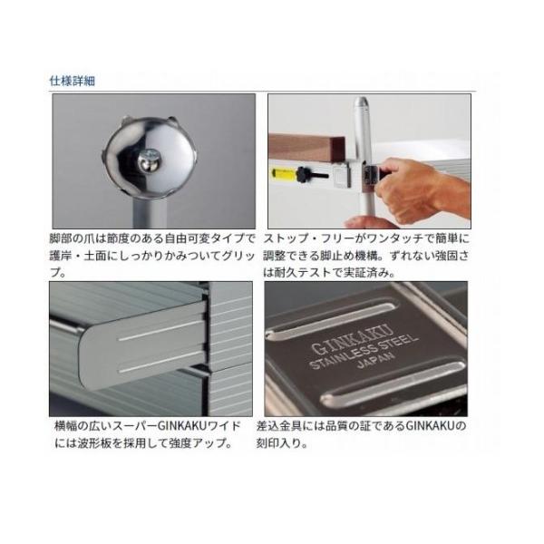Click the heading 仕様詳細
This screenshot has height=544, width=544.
coord(73,81)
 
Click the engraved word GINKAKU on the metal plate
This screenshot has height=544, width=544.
coord(352,340)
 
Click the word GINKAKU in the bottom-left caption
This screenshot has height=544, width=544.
coord(182,426)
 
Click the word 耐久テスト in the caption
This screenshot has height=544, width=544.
coord(303,273)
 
